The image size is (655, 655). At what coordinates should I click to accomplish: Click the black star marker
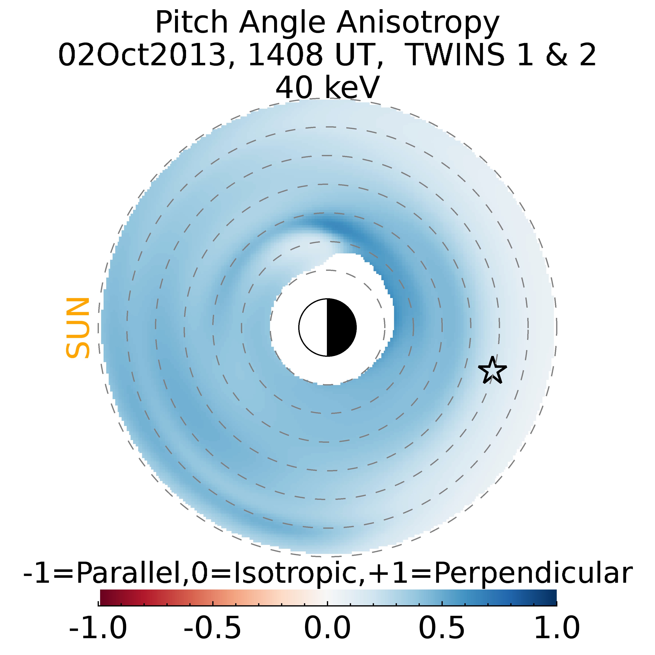[x=492, y=370]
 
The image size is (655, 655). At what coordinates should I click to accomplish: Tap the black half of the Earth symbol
[x=341, y=327]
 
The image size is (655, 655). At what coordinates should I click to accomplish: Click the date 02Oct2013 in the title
[x=142, y=55]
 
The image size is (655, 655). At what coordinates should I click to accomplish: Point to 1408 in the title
[x=286, y=55]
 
